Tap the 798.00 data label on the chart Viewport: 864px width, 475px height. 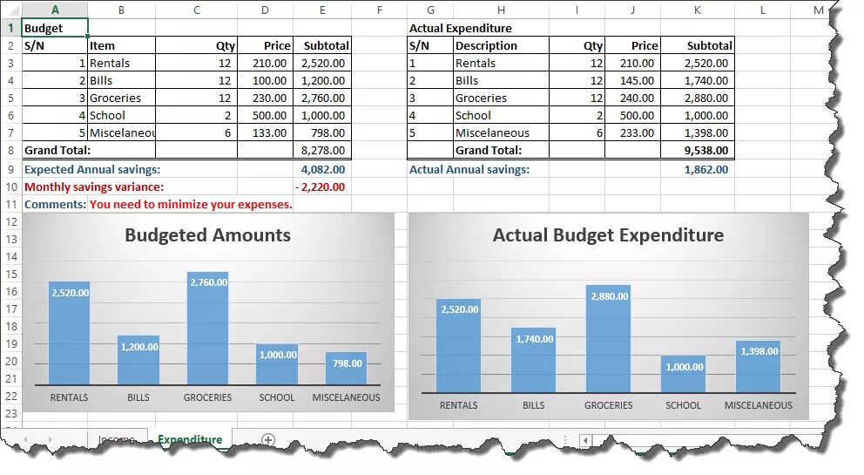(x=347, y=363)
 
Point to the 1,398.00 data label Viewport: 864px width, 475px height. (x=759, y=351)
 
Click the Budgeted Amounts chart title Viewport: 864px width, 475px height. (x=207, y=235)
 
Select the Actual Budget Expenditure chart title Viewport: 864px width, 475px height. (x=608, y=235)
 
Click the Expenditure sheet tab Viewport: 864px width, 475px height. (x=190, y=440)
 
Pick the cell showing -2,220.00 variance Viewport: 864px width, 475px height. (x=321, y=187)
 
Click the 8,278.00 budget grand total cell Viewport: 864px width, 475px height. (x=323, y=150)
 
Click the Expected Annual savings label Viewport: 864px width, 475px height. (x=92, y=169)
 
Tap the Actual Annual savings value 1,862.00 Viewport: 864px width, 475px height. (x=706, y=169)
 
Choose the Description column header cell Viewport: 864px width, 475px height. (x=486, y=45)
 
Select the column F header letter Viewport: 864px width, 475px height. (x=380, y=10)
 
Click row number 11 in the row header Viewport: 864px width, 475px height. (x=11, y=204)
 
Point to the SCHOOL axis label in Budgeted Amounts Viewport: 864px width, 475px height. (x=277, y=397)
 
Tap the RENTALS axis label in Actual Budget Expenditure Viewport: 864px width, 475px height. (x=458, y=405)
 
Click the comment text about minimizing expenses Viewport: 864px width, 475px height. (x=191, y=204)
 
